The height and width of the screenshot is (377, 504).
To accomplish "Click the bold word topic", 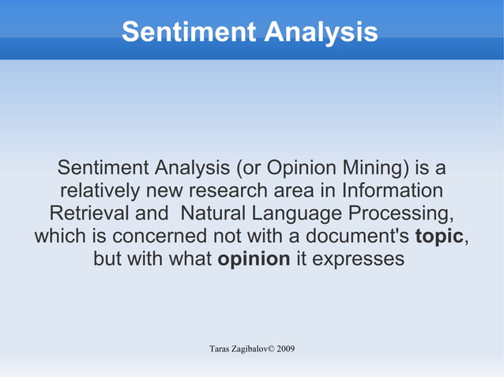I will pyautogui.click(x=439, y=236).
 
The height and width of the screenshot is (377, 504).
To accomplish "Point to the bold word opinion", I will pyautogui.click(x=253, y=259).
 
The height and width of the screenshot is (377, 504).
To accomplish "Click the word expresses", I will pyautogui.click(x=350, y=259).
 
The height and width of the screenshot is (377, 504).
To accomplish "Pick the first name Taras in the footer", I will pyautogui.click(x=220, y=349).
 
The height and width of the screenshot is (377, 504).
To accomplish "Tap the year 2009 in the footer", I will pyautogui.click(x=285, y=349).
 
